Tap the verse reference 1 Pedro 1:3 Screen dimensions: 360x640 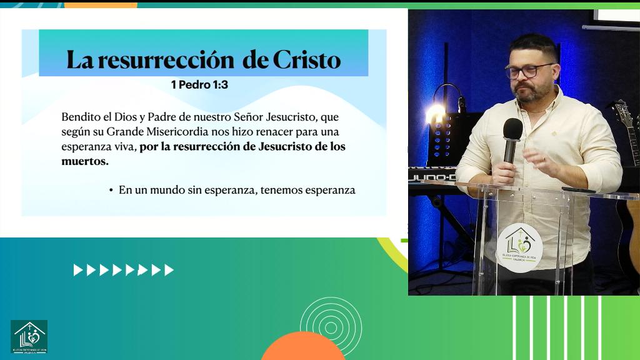(199, 84)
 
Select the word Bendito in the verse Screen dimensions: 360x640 (79, 117)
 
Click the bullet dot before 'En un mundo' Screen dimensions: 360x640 (111, 190)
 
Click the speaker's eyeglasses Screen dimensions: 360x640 (528, 71)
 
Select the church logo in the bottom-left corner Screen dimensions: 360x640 (29, 336)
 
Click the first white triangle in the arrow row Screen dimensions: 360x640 (78, 270)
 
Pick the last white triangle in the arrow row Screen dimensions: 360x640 (169, 270)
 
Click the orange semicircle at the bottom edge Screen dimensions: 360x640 (303, 349)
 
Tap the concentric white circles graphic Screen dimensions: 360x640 (331, 325)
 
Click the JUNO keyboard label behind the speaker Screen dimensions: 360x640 (431, 177)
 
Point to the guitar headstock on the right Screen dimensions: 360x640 (624, 125)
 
